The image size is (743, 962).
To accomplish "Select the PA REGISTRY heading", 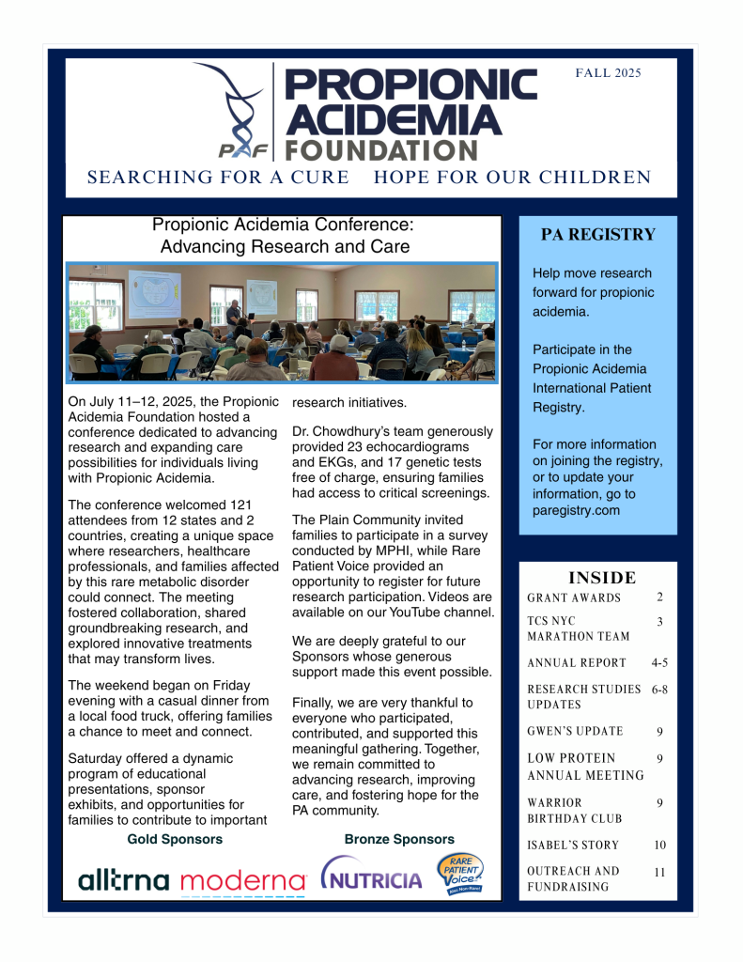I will (x=598, y=235).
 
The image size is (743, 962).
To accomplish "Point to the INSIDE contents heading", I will (x=602, y=578).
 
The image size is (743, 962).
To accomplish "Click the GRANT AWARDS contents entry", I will (x=574, y=597).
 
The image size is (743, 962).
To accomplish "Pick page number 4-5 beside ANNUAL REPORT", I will (x=659, y=662).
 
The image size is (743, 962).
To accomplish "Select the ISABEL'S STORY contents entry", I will (x=573, y=846).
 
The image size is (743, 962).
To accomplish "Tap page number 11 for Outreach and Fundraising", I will (x=659, y=872).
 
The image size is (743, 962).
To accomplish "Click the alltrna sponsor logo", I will (x=124, y=880).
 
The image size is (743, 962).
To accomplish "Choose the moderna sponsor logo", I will (x=243, y=881).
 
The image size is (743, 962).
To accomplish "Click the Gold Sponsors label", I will (x=175, y=839).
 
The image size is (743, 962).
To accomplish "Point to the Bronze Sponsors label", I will (x=399, y=839).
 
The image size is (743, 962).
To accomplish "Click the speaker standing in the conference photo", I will (x=234, y=309).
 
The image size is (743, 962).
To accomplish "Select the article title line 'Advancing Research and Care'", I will (x=285, y=247).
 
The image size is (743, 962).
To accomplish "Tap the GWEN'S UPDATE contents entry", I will (x=575, y=731).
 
